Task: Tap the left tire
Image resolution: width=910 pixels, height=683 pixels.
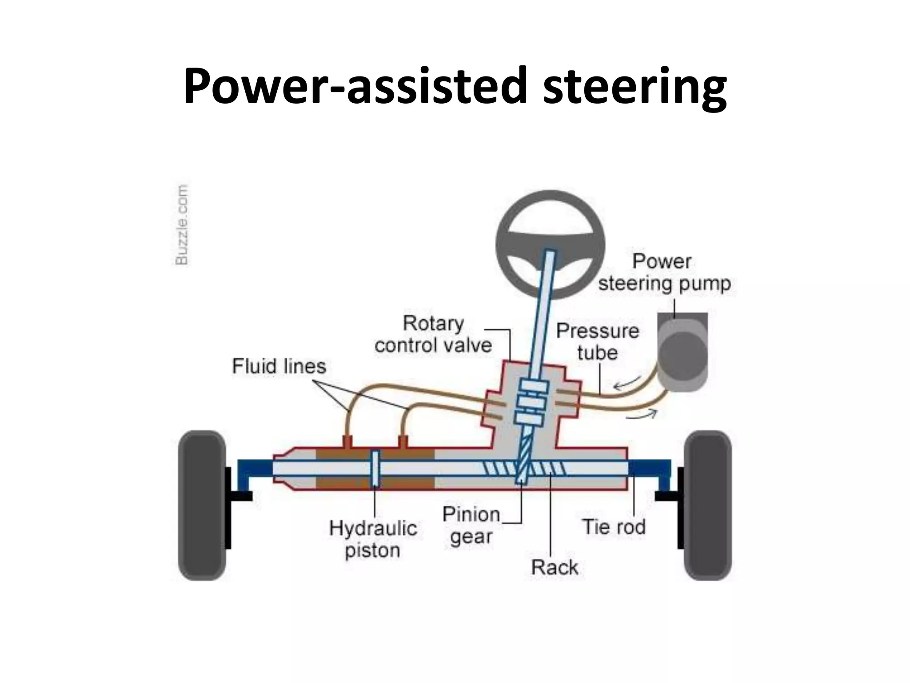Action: (202, 505)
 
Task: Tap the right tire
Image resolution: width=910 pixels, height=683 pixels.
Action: (707, 505)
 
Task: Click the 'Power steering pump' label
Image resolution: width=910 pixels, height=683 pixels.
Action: (664, 272)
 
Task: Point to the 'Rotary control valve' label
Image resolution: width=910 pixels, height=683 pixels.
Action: (433, 334)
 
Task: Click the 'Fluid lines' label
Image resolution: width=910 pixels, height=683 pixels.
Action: (279, 366)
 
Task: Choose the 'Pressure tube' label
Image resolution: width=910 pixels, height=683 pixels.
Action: (597, 341)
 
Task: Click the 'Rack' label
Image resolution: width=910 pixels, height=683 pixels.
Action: (555, 567)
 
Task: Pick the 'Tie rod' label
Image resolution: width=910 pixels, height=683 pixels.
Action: (614, 527)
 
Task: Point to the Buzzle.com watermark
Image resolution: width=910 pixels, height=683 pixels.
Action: (181, 225)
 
